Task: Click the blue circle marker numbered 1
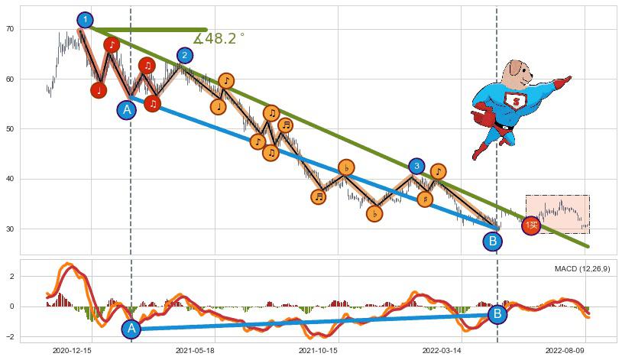tap(86, 20)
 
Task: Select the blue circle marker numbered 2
tap(185, 55)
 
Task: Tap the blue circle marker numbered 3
tap(416, 166)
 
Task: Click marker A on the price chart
tap(127, 110)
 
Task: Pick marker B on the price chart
tap(493, 242)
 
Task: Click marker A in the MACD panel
tap(131, 329)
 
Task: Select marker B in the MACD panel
tap(497, 313)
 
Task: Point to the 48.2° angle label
tap(219, 38)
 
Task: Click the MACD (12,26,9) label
tap(582, 269)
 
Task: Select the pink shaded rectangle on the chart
tap(557, 213)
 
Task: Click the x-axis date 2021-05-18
tap(194, 351)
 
